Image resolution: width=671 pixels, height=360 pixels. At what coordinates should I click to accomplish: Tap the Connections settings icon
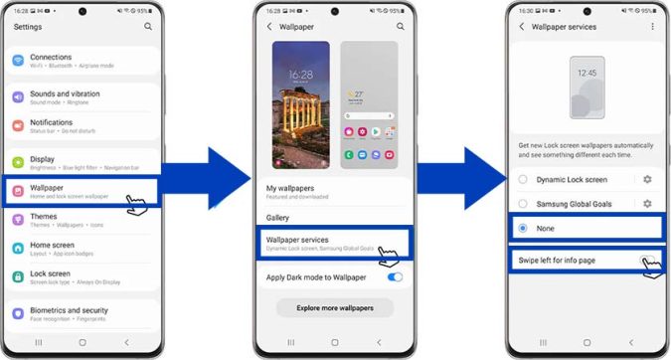pyautogui.click(x=18, y=61)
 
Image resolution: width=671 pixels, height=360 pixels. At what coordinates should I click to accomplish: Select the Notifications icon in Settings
pyautogui.click(x=18, y=125)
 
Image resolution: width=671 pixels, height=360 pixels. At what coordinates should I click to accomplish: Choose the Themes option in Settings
pyautogui.click(x=45, y=219)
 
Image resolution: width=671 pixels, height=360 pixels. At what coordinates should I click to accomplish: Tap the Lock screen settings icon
pyautogui.click(x=18, y=276)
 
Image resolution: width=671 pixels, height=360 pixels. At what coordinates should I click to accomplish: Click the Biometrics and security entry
pyautogui.click(x=68, y=312)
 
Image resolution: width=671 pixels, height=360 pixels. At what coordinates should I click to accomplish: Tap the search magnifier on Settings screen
pyautogui.click(x=147, y=27)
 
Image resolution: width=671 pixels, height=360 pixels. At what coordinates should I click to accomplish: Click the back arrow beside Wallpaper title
pyautogui.click(x=269, y=27)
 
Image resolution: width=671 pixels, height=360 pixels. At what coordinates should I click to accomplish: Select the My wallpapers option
pyautogui.click(x=290, y=190)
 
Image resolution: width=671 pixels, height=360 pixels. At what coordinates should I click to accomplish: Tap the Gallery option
pyautogui.click(x=278, y=217)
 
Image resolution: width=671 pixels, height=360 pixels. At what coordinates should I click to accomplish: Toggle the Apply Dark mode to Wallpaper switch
pyautogui.click(x=395, y=276)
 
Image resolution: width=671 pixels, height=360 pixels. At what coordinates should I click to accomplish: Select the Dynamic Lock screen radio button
pyautogui.click(x=523, y=179)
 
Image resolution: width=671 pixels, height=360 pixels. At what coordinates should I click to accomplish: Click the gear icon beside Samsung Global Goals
pyautogui.click(x=647, y=204)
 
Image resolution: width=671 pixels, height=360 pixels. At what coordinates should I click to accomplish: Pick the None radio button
pyautogui.click(x=523, y=228)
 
